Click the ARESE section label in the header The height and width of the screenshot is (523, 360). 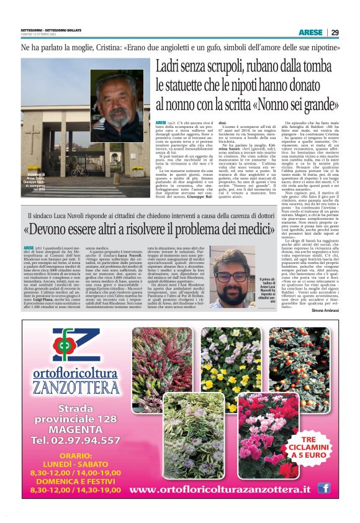pos(310,32)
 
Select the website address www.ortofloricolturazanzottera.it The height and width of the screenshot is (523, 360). pos(220,490)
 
